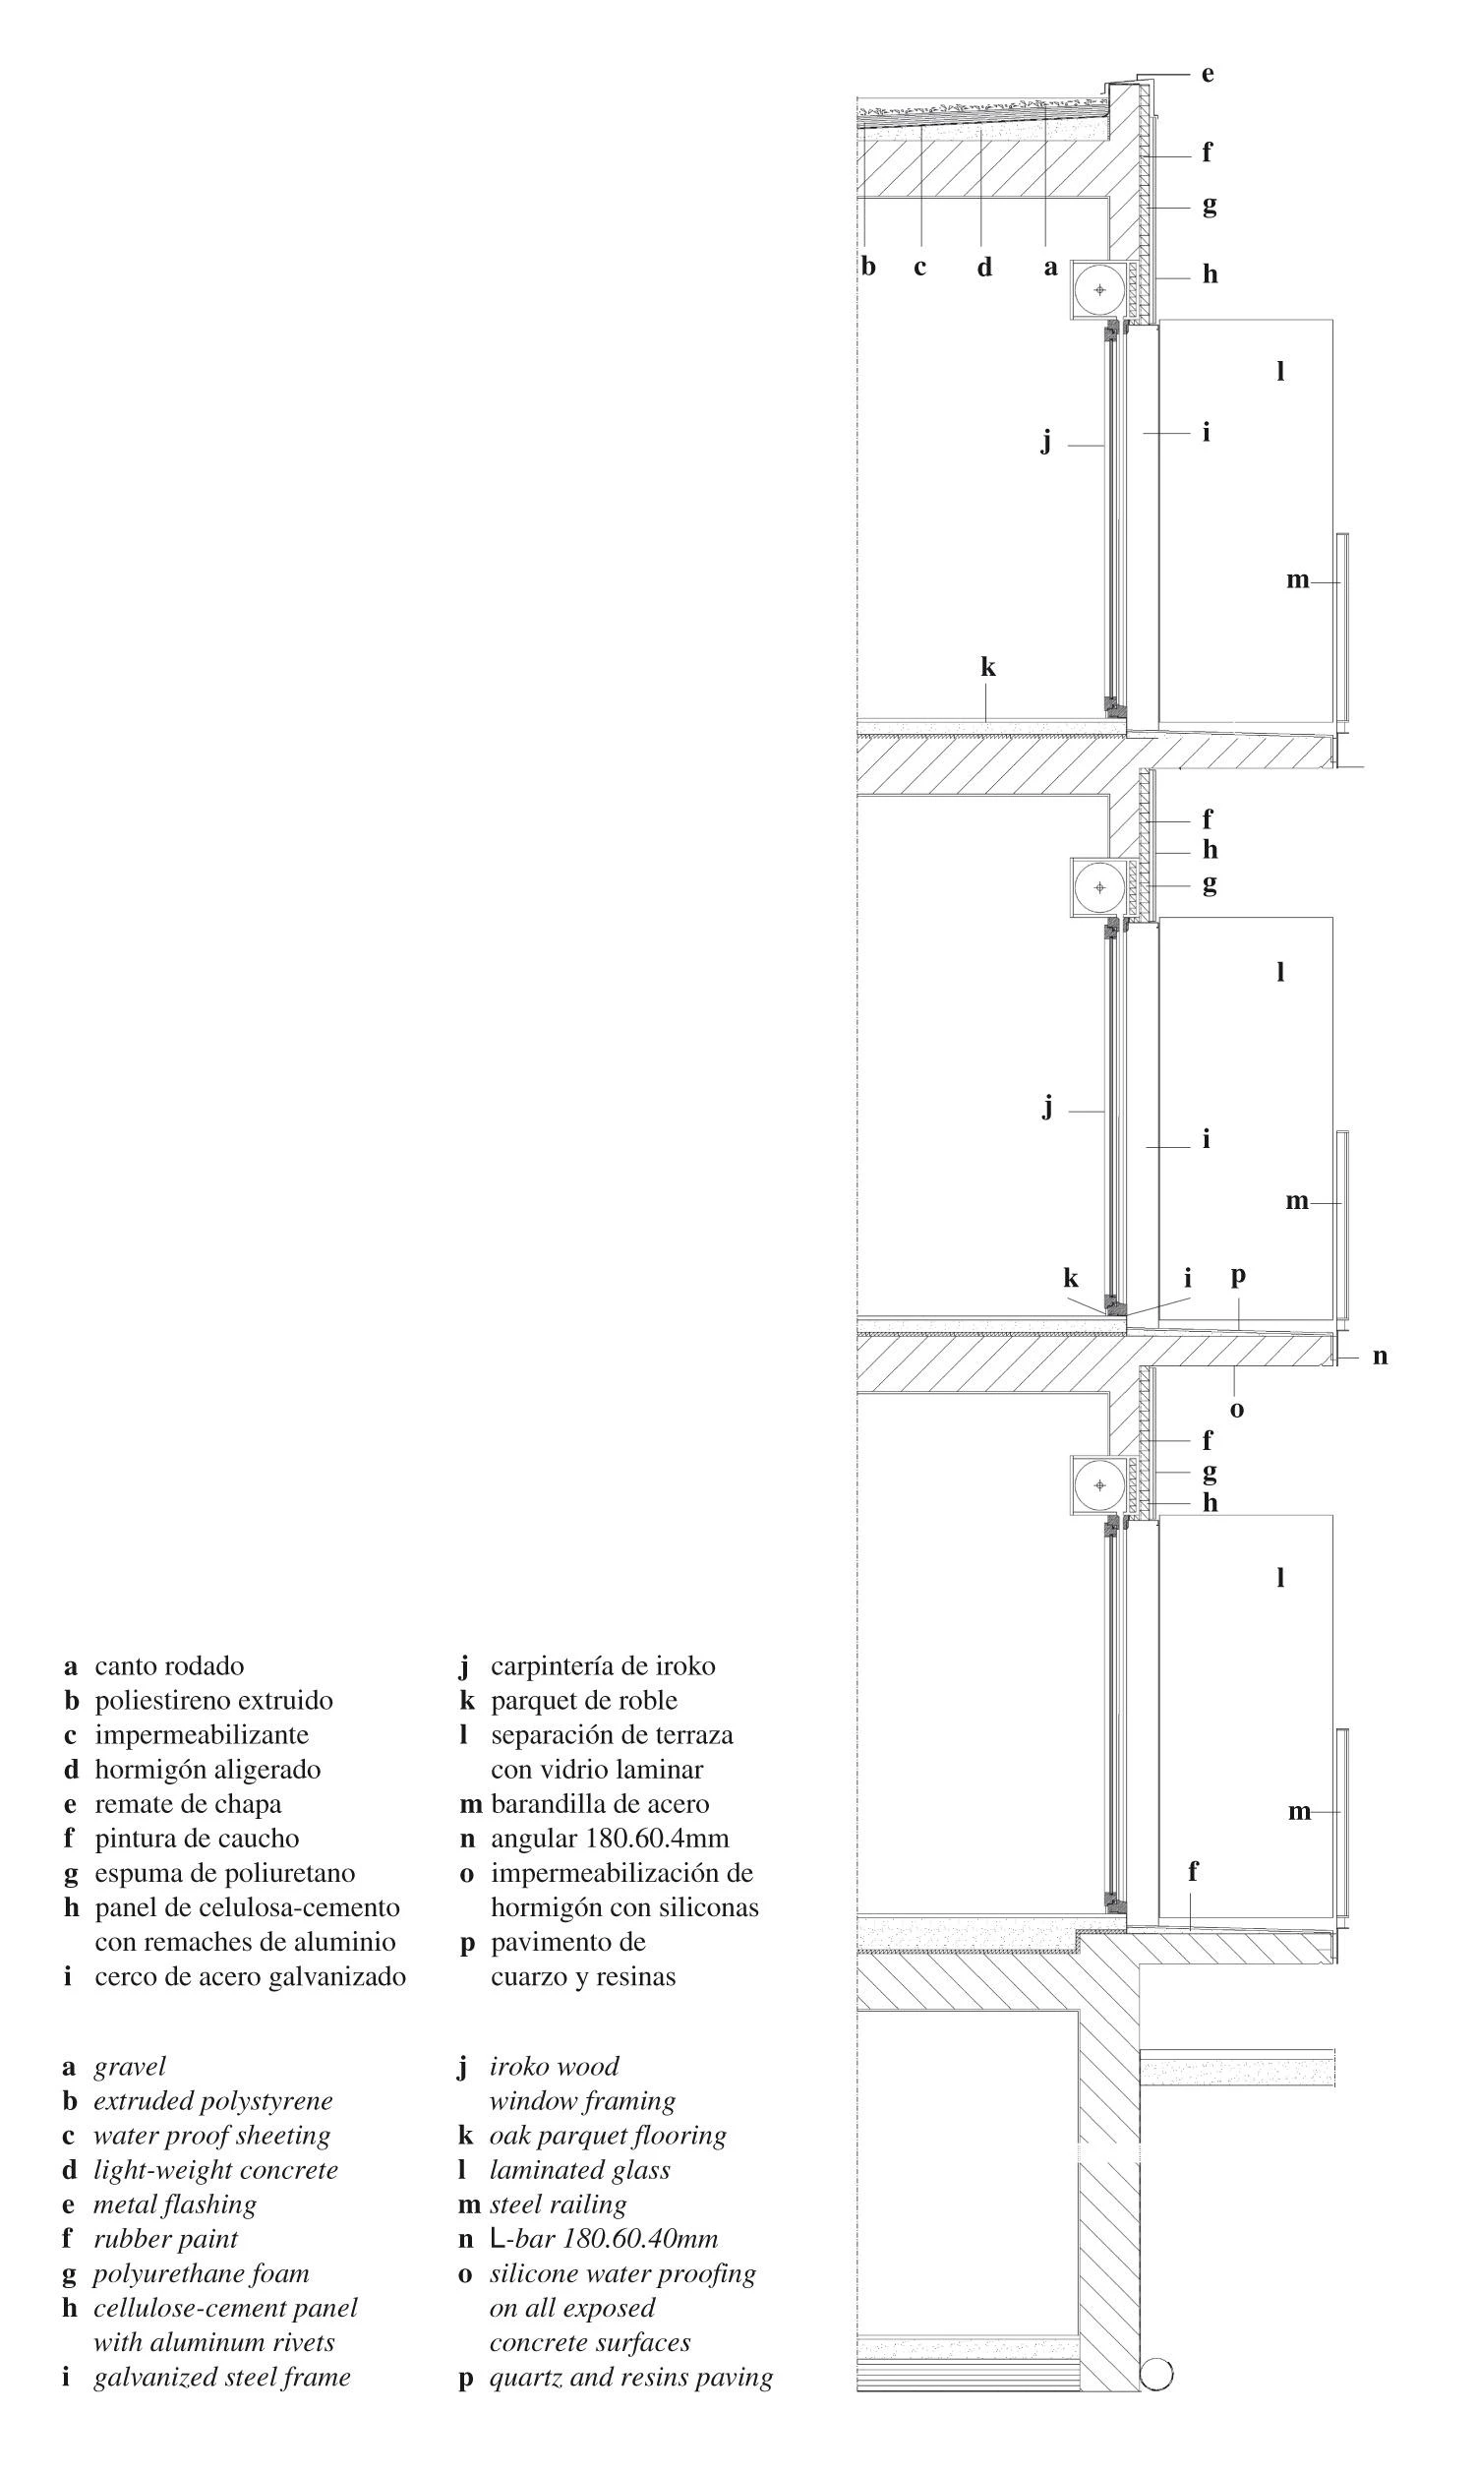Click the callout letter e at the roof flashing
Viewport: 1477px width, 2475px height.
[x=1208, y=75]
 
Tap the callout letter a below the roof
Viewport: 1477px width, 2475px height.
[x=1050, y=267]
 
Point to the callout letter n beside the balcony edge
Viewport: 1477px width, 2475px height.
[x=1380, y=1356]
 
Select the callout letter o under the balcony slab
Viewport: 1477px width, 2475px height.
[x=1237, y=1410]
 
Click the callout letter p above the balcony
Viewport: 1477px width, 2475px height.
[x=1238, y=1276]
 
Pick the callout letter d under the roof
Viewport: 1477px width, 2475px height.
[x=984, y=266]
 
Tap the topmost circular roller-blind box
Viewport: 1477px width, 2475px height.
[x=1099, y=290]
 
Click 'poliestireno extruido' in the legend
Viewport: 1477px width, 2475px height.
[x=214, y=1701]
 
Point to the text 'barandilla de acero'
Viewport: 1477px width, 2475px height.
[x=600, y=1804]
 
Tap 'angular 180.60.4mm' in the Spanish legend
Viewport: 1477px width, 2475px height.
[x=610, y=1839]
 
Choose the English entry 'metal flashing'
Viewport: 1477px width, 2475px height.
[x=175, y=2205]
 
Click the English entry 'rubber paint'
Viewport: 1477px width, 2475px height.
[x=166, y=2240]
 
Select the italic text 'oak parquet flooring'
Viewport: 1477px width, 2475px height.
[x=608, y=2136]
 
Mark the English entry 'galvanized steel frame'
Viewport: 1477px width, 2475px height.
[x=222, y=2378]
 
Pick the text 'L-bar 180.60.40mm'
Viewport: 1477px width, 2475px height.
[x=604, y=2240]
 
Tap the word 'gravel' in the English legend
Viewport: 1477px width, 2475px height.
[x=130, y=2068]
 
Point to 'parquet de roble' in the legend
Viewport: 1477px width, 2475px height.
[x=584, y=1702]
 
